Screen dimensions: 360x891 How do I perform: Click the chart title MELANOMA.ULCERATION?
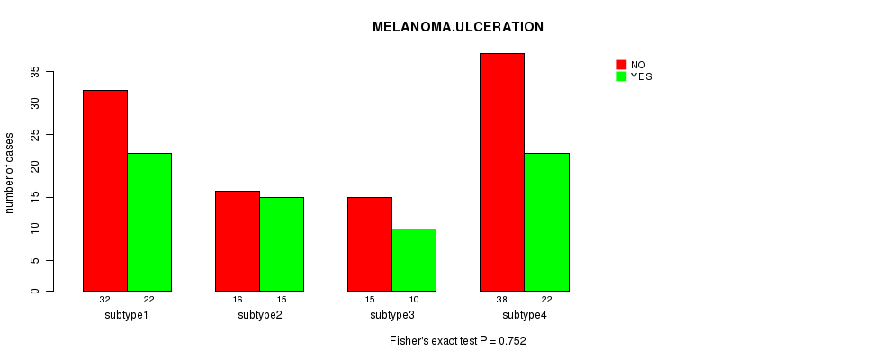tap(457, 27)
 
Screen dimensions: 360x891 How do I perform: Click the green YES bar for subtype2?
tap(282, 244)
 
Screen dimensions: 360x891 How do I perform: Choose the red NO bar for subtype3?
tap(370, 244)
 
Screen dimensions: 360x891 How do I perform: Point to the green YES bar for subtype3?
tap(414, 260)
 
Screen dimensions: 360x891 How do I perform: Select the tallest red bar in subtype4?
tap(502, 172)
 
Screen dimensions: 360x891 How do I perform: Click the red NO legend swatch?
tap(621, 65)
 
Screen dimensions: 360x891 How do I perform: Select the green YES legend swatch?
tap(621, 76)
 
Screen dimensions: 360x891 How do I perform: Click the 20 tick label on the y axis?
tap(35, 166)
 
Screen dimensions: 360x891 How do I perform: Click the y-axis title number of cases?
tap(10, 173)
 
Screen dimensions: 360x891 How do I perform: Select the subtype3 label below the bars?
tap(392, 315)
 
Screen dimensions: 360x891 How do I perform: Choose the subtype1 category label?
tap(127, 315)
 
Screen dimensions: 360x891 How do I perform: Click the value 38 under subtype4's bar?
tap(502, 299)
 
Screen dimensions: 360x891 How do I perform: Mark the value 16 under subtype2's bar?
tap(238, 299)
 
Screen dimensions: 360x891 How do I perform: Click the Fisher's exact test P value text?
tap(457, 341)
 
